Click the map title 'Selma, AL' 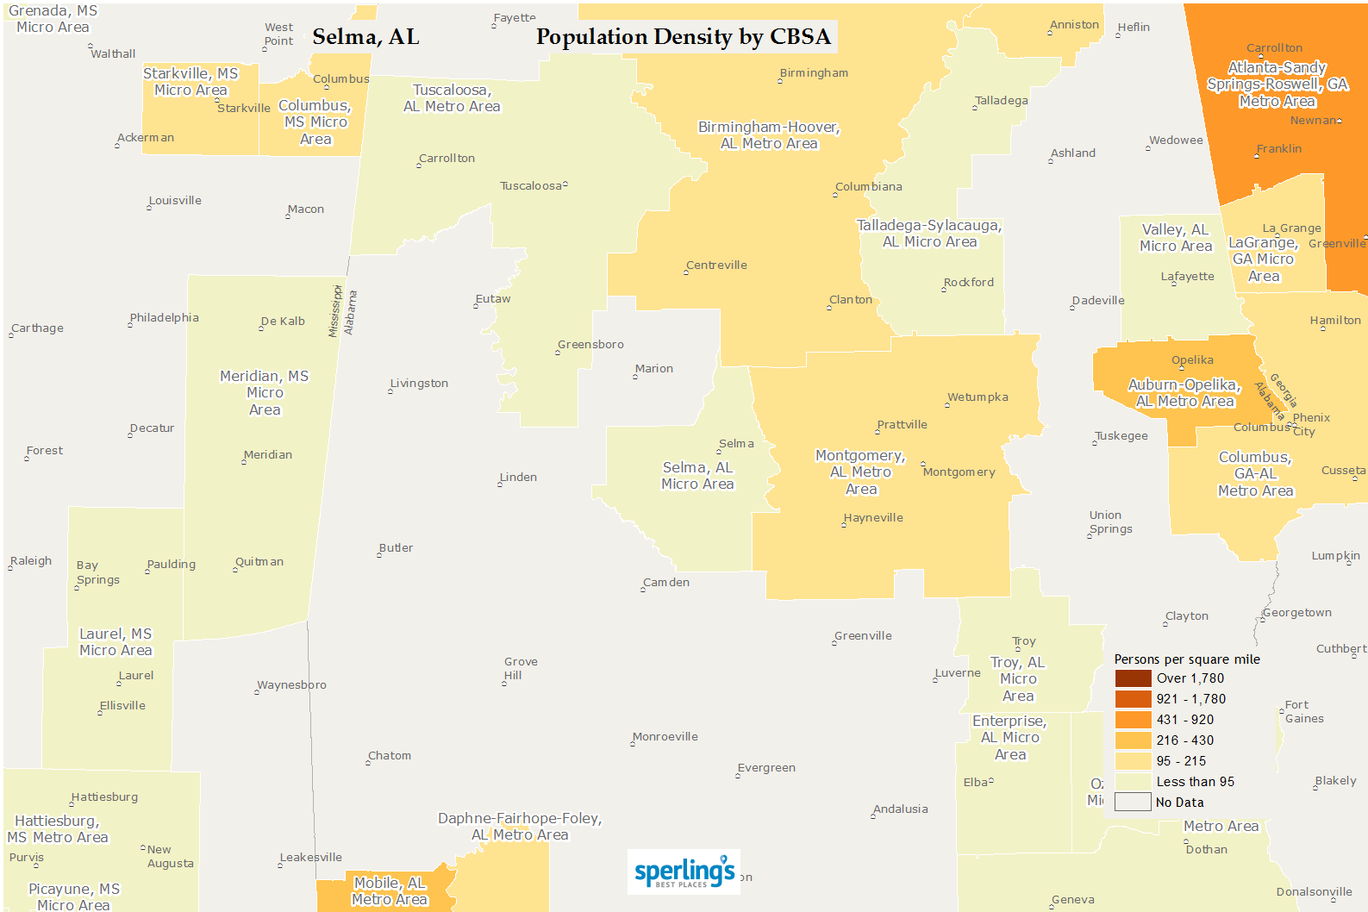point(365,37)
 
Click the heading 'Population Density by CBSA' point(683,37)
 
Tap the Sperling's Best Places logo point(684,872)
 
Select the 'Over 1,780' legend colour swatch point(1133,678)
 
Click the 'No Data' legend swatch point(1133,803)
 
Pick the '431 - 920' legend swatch point(1133,720)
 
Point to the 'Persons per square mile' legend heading point(1186,659)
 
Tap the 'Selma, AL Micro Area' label point(697,476)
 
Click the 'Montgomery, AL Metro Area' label point(860,472)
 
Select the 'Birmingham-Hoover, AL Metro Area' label point(769,135)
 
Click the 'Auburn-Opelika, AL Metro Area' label point(1184,393)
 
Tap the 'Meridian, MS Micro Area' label point(264,393)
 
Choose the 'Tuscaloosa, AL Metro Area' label point(452,98)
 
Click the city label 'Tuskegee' point(1121,436)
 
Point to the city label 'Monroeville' point(665,737)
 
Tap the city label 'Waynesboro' point(292,685)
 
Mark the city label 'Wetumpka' point(978,397)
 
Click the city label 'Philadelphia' point(165,318)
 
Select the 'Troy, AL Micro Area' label point(1017,679)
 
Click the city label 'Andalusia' point(901,809)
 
